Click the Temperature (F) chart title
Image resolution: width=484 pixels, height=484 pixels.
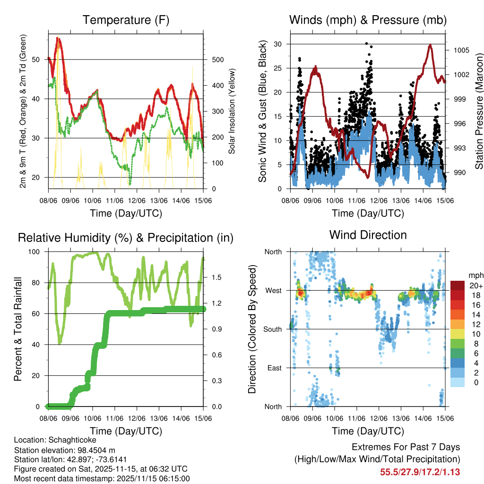(x=126, y=20)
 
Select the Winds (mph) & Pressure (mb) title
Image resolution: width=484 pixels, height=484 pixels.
(x=368, y=20)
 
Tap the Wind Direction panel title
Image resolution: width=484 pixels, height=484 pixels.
(x=368, y=234)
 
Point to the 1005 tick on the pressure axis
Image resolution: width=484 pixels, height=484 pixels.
(x=461, y=50)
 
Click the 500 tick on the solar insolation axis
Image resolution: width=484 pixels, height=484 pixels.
(x=217, y=60)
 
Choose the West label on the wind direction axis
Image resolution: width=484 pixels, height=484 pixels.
(x=273, y=290)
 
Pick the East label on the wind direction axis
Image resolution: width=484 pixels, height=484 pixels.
(x=274, y=368)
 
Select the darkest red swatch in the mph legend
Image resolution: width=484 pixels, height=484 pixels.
(x=458, y=285)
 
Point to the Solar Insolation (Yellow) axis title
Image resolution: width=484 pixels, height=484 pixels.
(x=232, y=112)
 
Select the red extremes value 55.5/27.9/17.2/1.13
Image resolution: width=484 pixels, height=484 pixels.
(x=420, y=472)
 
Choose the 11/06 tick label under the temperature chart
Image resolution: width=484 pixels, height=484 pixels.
(x=115, y=200)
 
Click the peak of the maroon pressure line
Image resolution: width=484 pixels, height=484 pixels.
(x=430, y=45)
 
